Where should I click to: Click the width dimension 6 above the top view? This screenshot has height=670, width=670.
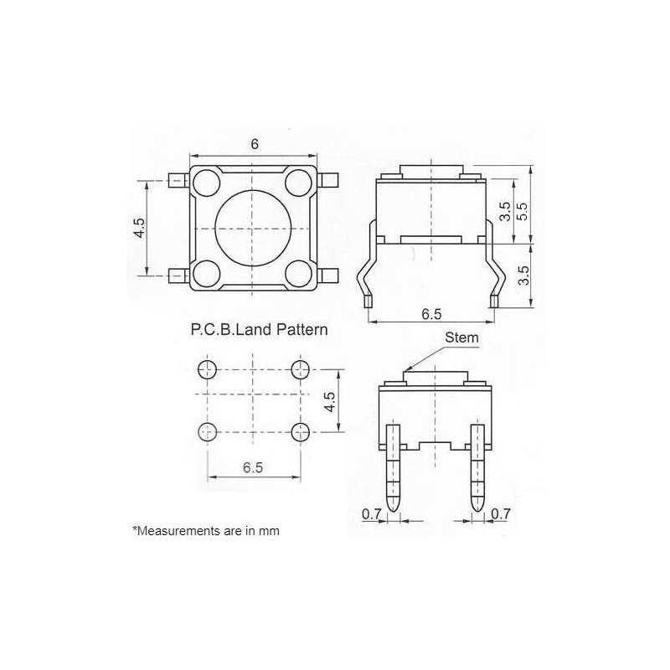click(x=255, y=144)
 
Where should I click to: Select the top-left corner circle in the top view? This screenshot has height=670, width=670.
click(x=206, y=181)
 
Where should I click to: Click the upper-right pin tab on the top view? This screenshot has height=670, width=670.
click(x=328, y=180)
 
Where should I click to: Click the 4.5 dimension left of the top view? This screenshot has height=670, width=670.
click(x=139, y=228)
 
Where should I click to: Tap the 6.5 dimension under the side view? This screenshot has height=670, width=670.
click(x=432, y=314)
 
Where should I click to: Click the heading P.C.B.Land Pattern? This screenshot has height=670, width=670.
click(x=259, y=330)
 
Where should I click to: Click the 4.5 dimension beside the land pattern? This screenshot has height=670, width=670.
click(x=331, y=401)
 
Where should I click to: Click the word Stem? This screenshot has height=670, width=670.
click(x=461, y=338)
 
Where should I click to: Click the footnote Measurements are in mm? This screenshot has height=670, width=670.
click(x=206, y=531)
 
